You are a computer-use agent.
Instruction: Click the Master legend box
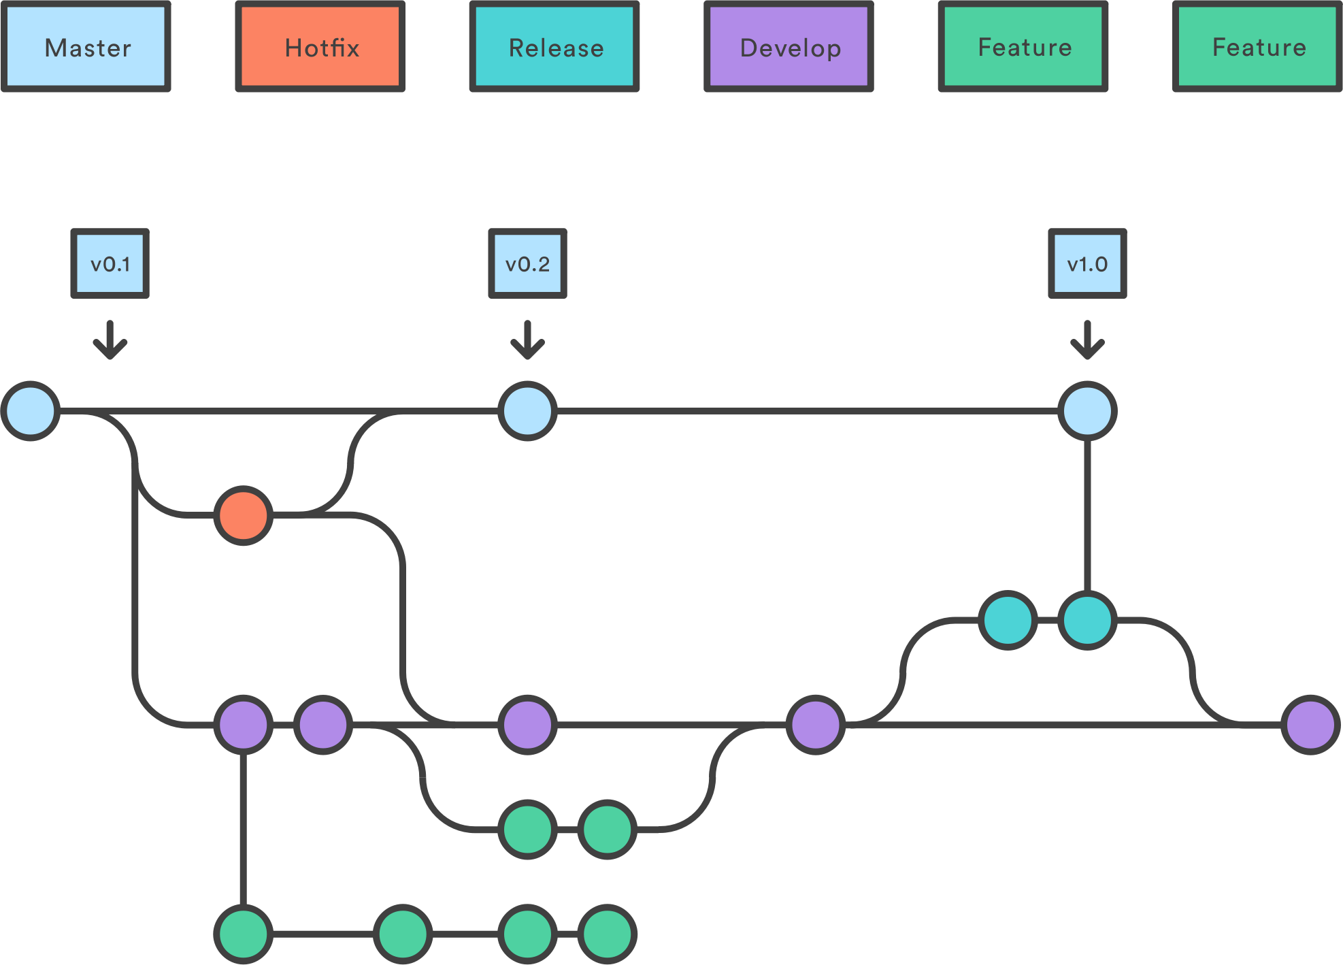86,47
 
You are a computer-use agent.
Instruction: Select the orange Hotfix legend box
320,47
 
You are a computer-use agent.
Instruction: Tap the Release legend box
554,47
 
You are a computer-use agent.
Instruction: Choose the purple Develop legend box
789,47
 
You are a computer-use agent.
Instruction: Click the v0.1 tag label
110,263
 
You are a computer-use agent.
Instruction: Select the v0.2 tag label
527,263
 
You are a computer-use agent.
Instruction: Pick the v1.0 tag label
1087,263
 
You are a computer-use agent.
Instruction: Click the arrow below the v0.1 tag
110,340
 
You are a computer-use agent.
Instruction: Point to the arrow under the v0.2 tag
527,340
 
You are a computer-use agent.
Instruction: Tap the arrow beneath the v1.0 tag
1087,340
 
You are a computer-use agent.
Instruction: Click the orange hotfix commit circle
244,516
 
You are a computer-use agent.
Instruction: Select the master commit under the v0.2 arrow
527,411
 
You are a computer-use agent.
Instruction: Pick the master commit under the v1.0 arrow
1087,411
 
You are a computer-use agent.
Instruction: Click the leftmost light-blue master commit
31,411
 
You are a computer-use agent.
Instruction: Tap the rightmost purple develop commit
1310,725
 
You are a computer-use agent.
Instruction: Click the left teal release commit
1008,620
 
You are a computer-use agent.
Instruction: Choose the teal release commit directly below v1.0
1087,620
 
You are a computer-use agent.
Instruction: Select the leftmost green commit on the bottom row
244,934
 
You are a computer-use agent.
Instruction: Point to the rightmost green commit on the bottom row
607,934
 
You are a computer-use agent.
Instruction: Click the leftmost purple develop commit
244,725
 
